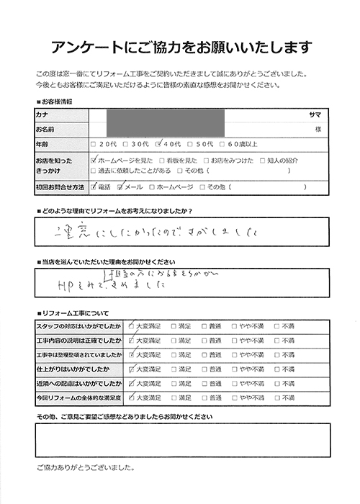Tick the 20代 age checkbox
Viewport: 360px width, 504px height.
[x=94, y=143]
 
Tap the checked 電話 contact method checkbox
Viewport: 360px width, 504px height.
[x=94, y=187]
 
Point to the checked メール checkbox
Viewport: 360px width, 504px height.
[x=120, y=187]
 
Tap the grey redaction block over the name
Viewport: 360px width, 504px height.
[x=166, y=122]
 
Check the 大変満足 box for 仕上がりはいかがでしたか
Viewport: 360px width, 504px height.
[x=132, y=369]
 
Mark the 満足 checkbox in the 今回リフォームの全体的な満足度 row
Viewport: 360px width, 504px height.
[x=174, y=397]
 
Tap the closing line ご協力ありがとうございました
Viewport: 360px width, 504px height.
[x=84, y=468]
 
